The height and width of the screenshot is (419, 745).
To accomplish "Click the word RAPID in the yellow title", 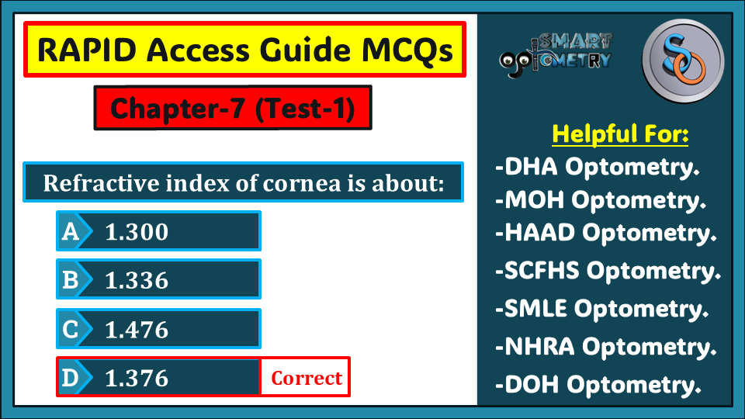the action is pos(87,50).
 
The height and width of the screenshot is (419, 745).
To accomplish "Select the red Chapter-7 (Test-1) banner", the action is pos(233,108).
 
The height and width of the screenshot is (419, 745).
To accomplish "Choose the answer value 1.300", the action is pos(137,232).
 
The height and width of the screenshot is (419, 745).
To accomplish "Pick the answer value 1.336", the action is pos(137,281).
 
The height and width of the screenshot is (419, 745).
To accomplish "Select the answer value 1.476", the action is pos(137,330).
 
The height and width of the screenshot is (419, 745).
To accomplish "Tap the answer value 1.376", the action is pos(137,378).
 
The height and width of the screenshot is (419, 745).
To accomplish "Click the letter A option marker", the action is pos(71,232).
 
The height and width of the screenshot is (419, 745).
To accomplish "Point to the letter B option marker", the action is pos(71,280).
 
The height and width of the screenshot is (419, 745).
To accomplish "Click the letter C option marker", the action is pos(71,329).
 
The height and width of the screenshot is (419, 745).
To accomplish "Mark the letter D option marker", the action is pos(71,378).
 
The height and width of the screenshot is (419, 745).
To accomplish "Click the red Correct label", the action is pos(307,378).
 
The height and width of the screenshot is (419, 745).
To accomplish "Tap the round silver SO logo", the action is pos(683,61).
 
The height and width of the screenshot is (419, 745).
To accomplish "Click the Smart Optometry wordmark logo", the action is pos(556,54).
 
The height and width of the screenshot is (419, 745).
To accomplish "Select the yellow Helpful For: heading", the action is pos(620,134).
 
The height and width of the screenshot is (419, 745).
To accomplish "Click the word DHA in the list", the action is pos(531,167).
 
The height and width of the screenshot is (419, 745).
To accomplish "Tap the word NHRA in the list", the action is pos(539,346).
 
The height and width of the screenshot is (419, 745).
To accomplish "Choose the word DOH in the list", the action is pos(532,384).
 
